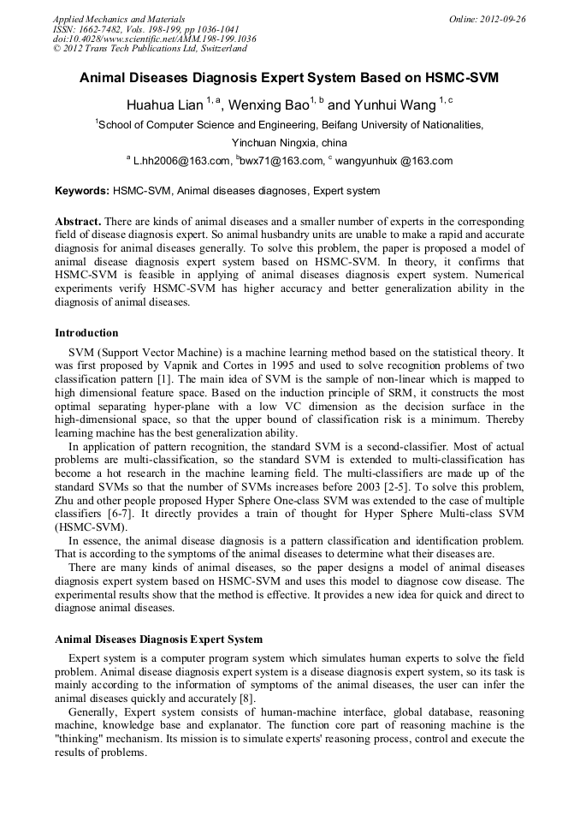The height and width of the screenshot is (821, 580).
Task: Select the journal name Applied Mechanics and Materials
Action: (119, 19)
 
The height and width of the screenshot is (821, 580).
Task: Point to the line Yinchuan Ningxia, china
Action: (289, 142)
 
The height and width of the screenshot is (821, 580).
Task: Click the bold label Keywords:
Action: (82, 190)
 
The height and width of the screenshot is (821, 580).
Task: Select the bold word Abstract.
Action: (78, 222)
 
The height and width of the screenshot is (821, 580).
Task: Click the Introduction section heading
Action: (86, 332)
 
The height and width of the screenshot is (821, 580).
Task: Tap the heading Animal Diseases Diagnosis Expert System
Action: (158, 639)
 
